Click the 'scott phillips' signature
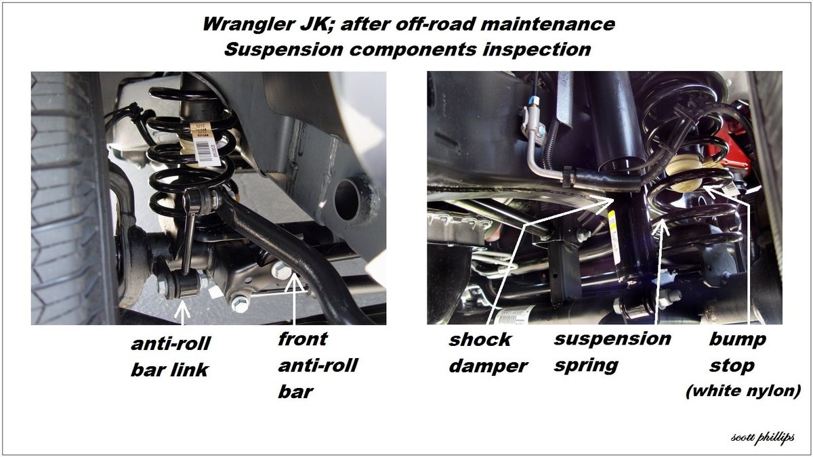tap(763, 437)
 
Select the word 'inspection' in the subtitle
tap(537, 49)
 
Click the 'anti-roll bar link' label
tap(170, 357)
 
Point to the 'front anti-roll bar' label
tap(318, 365)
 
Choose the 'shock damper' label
tap(488, 353)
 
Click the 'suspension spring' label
tap(612, 352)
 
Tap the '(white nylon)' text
tap(743, 391)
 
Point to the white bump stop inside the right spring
tap(684, 173)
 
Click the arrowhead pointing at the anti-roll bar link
tap(182, 309)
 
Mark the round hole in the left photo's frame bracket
tap(347, 200)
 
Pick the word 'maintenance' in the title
tap(547, 24)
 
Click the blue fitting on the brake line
tap(533, 100)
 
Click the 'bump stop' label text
tap(738, 352)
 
